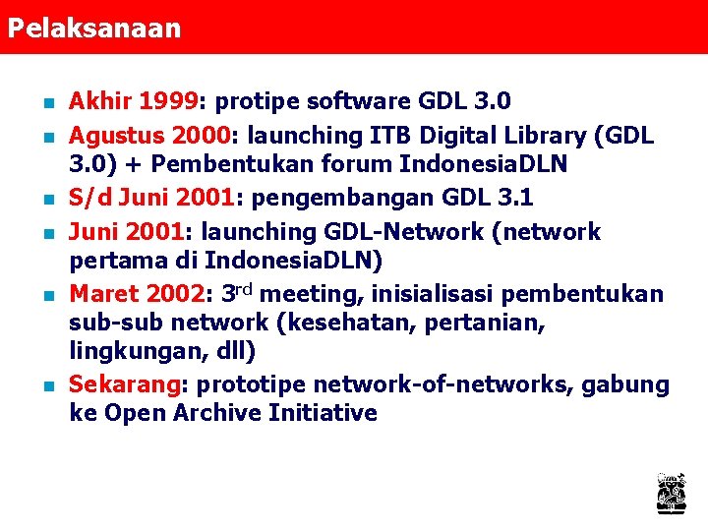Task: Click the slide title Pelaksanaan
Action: [x=94, y=28]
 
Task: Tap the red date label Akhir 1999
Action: [x=134, y=101]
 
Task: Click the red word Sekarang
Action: [x=123, y=384]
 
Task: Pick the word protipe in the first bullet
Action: [x=258, y=101]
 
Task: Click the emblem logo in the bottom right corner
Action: [x=671, y=492]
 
